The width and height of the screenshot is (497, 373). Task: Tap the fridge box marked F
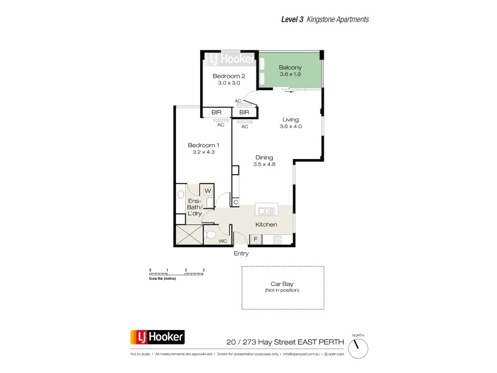pos(254,239)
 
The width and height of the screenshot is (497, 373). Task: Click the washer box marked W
pos(207,191)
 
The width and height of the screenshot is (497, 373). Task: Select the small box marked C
pos(235,201)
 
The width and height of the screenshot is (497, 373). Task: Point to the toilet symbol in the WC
pos(210,236)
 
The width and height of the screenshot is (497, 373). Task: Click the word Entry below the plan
pos(241,254)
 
